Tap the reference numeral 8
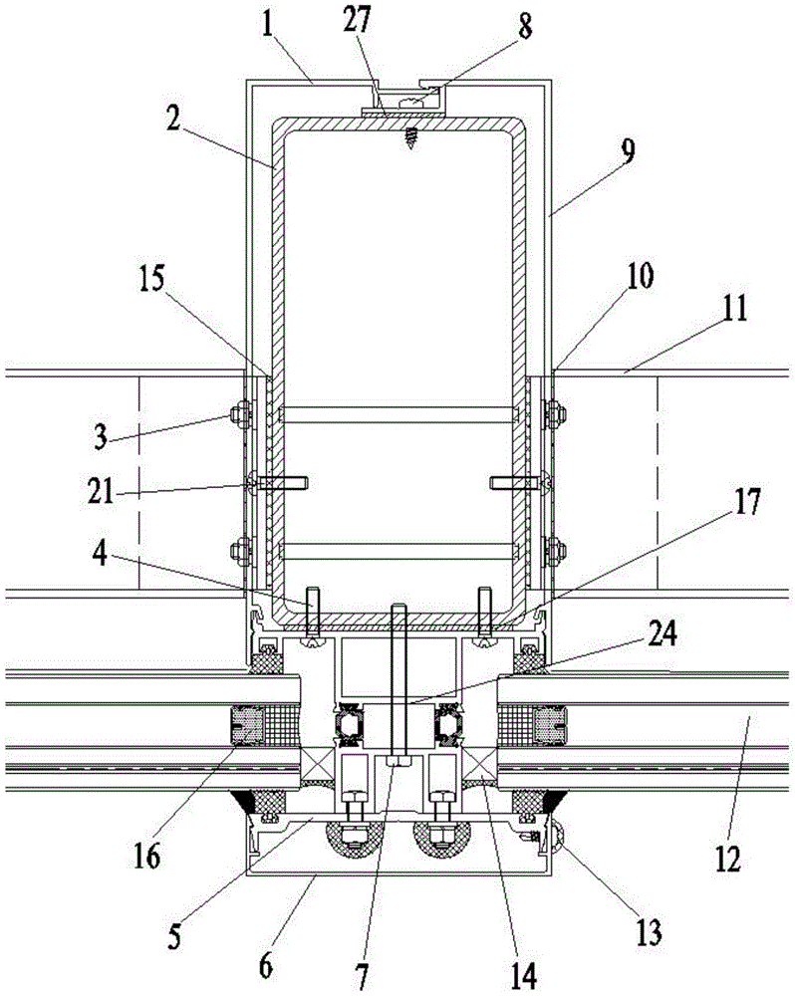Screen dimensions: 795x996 point(525,26)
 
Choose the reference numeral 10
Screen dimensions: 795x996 point(640,276)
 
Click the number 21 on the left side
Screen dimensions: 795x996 point(101,490)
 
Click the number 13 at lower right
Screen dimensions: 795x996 point(649,932)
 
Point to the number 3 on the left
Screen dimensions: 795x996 point(100,438)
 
